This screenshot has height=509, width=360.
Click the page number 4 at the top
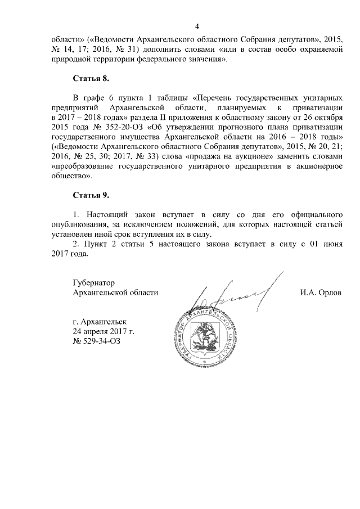(197, 26)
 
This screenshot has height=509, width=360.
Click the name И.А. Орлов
(322, 292)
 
